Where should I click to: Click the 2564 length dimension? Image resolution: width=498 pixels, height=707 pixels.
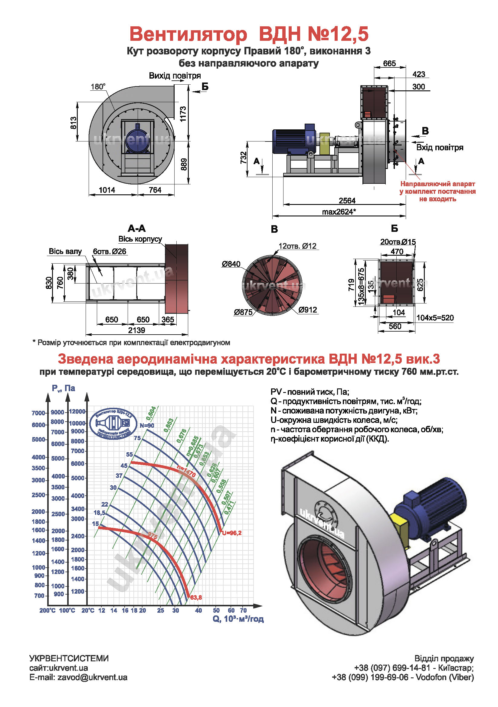pos(347,200)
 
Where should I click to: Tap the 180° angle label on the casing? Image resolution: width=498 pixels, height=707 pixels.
pos(98,87)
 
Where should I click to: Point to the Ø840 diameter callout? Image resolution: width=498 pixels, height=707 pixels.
pos(231,264)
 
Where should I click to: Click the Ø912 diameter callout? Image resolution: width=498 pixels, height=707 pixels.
pos(308,310)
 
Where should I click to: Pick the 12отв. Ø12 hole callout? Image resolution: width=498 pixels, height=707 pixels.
pos(297,246)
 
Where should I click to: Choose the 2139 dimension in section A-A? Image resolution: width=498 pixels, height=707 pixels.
pos(136,330)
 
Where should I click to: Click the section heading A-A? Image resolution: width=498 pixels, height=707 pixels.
pos(136,229)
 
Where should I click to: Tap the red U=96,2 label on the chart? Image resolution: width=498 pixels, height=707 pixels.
pos(232,533)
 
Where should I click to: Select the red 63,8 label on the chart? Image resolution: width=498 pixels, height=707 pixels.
pos(196,598)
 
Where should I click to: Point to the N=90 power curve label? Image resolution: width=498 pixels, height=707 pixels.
pos(147,426)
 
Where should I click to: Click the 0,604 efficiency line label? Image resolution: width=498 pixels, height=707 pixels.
pos(151,413)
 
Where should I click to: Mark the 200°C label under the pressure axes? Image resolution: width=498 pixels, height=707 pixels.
pos(47,610)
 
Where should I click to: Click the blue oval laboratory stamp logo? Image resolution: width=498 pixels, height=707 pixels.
pos(113,423)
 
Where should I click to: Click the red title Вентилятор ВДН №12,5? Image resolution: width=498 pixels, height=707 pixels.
pos(249,34)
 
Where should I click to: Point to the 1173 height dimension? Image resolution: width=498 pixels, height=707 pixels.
pos(183,114)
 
